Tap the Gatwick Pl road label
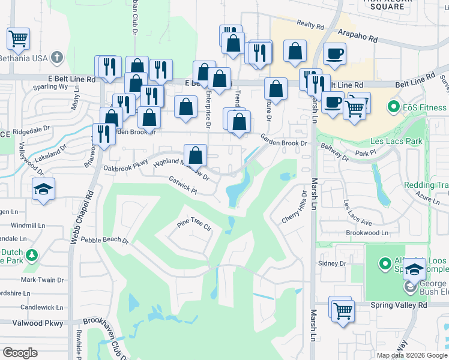point(183,185)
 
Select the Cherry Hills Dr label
point(294,208)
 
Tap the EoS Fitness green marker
point(394,108)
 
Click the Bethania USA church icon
point(57,58)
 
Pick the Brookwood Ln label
point(367,232)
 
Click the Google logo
point(20,353)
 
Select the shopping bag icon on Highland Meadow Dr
point(196,155)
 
